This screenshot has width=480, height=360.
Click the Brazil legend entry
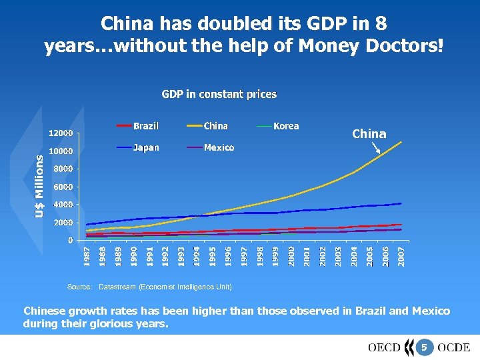coord(145,126)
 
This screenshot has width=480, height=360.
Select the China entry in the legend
coord(215,126)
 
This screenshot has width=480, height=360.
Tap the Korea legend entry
coord(285,126)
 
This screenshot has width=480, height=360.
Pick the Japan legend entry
coord(145,147)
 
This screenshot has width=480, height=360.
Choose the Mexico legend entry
coord(219,147)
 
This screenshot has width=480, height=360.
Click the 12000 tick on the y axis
coord(61,133)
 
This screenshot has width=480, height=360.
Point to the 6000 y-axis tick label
coord(63,187)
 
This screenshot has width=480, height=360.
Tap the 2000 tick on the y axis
coord(63,223)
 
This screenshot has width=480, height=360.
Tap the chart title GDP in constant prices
coord(219,95)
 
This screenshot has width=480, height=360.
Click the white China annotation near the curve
coord(369,134)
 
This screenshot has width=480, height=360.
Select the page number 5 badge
coord(423,347)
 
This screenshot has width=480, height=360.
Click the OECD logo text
coord(384,347)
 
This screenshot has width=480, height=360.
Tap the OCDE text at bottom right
coord(453,347)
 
